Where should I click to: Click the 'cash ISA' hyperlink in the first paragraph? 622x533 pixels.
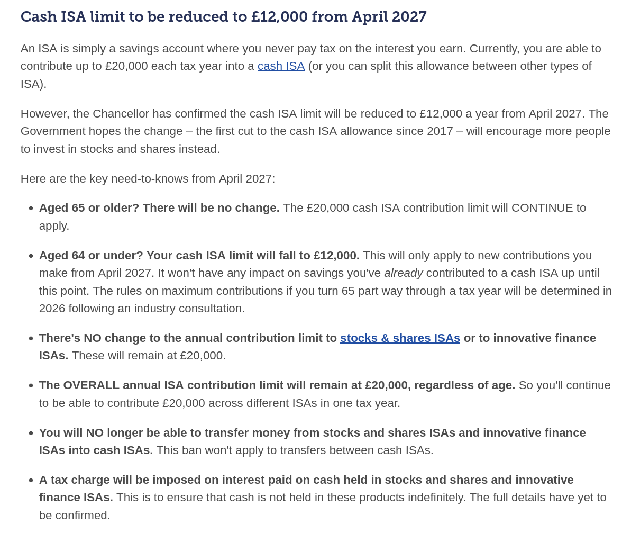281,66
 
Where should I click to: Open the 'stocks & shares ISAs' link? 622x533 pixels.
400,338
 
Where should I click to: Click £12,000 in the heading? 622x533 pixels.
279,17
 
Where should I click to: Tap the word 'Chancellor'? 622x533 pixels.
123,114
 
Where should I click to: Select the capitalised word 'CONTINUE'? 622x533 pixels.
542,208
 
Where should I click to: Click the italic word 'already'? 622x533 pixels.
404,273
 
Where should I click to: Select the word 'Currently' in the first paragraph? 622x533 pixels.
497,49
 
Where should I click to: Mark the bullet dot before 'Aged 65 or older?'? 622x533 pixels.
31,209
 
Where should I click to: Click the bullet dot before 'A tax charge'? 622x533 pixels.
31,481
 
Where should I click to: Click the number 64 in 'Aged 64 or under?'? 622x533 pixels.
78,256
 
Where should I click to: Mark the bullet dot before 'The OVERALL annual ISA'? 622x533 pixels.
31,386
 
